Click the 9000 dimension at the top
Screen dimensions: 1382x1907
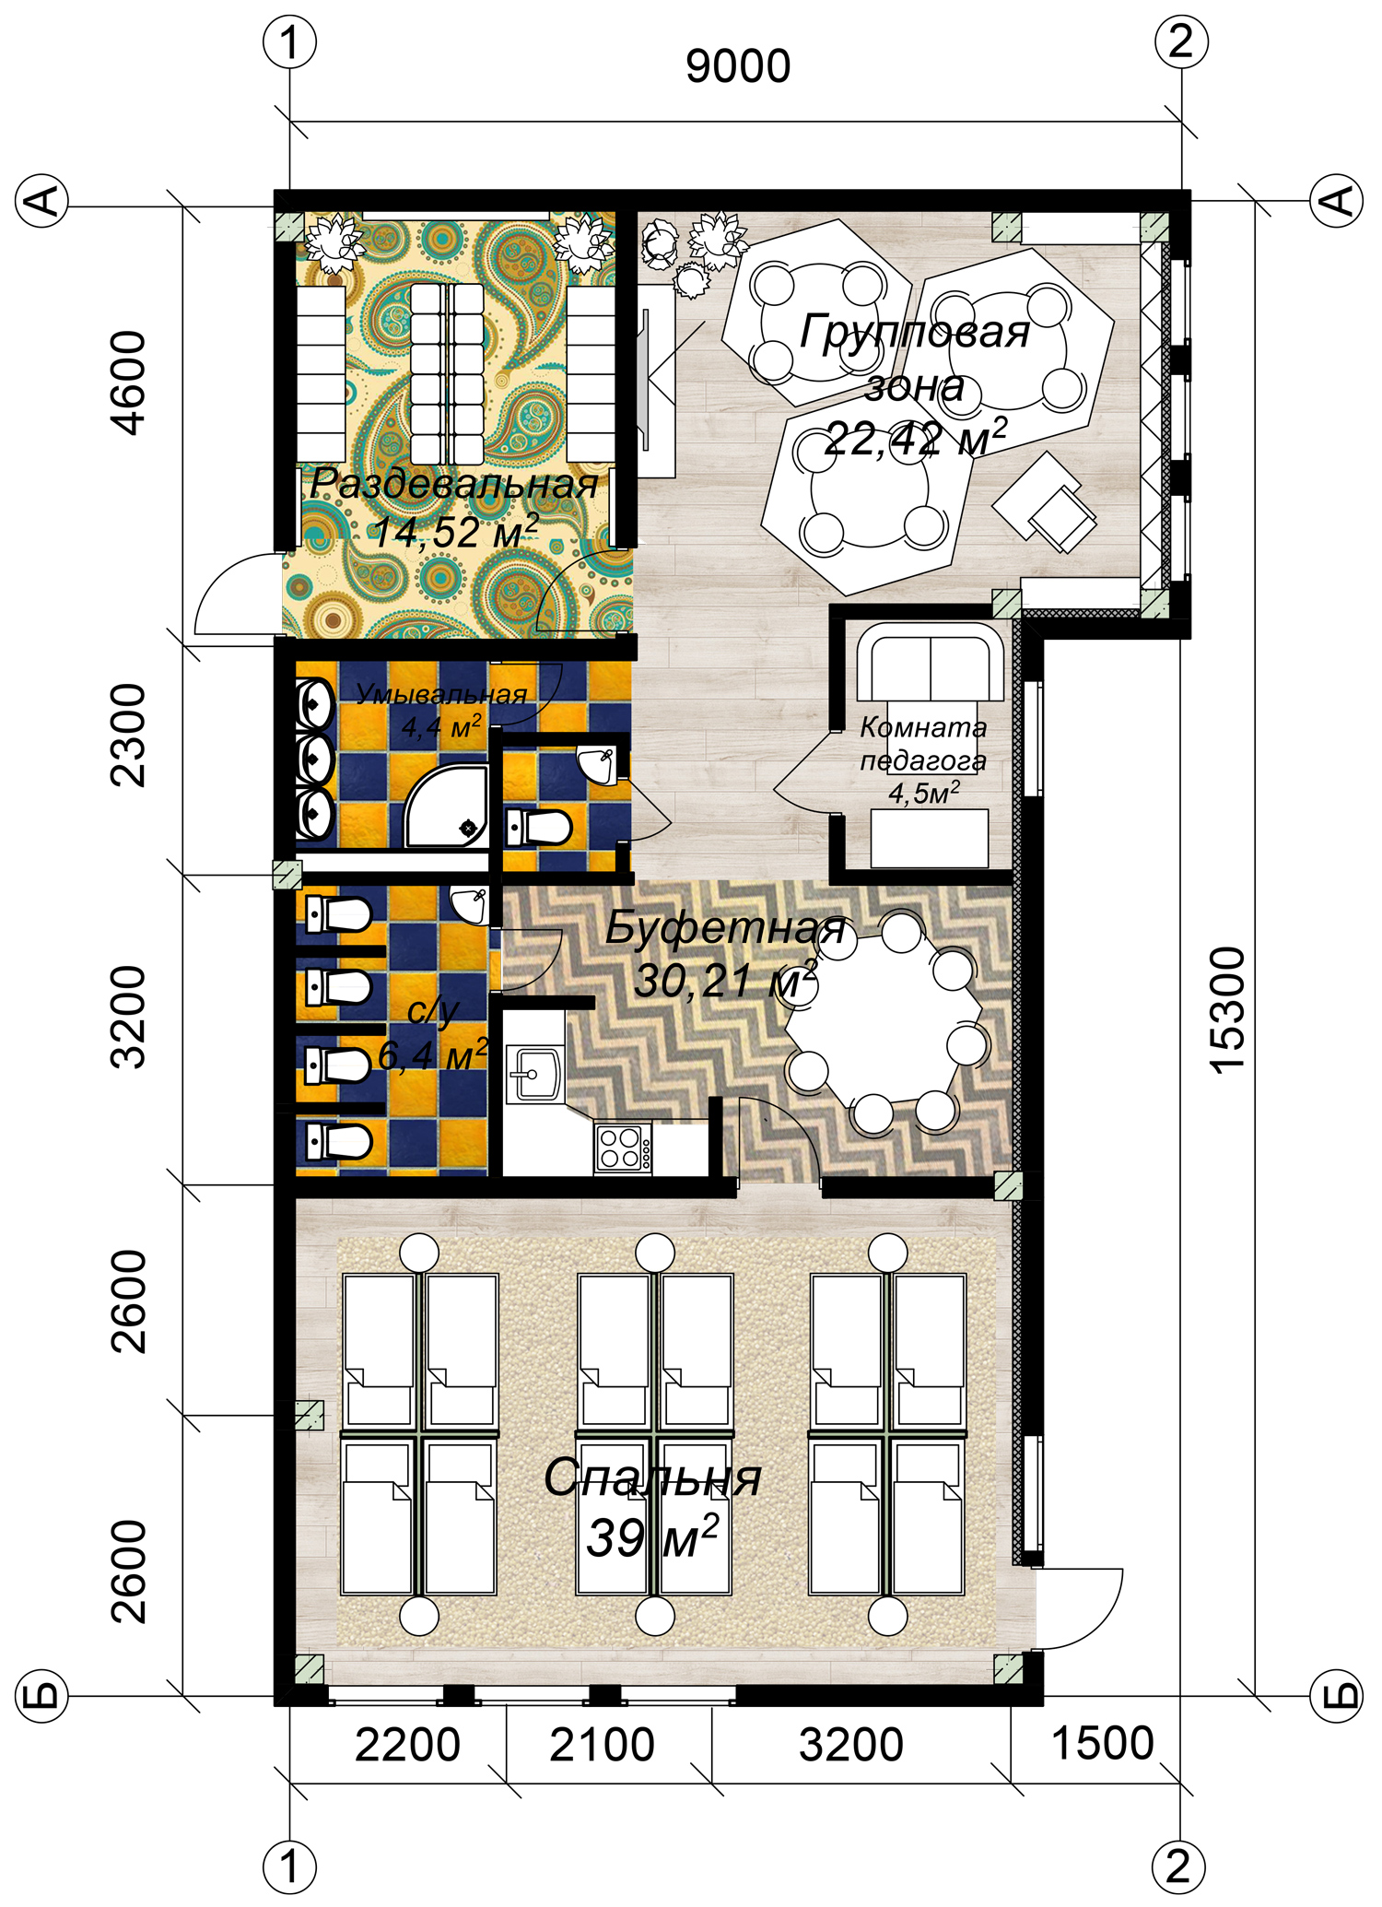tap(738, 67)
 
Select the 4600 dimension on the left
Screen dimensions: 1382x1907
tap(127, 383)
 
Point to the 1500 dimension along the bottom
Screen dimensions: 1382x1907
tap(1102, 1744)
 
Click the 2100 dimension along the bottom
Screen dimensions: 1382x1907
tap(602, 1745)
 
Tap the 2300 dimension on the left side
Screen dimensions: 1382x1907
tap(127, 735)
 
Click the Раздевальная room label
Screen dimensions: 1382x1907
tap(454, 484)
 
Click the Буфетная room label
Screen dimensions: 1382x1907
tap(725, 927)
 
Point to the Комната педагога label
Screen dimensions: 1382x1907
tap(923, 744)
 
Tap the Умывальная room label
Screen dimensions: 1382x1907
tap(441, 695)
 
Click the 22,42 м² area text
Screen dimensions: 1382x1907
tap(915, 438)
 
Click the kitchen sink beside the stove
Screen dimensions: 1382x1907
tap(534, 1075)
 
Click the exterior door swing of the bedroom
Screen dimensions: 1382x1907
tap(1078, 1608)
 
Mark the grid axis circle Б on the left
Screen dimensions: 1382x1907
tap(42, 1695)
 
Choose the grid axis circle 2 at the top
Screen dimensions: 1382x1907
tap(1181, 42)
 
